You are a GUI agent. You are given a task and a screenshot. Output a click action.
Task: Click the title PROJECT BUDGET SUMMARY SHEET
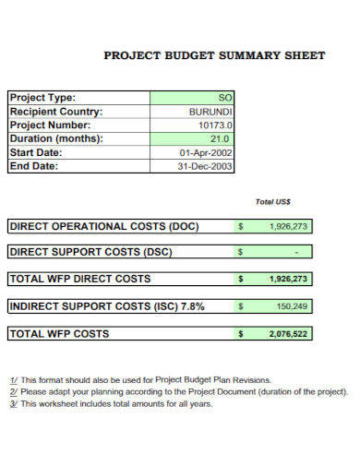click(x=213, y=55)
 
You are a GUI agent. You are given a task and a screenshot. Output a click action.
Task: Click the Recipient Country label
click(x=55, y=111)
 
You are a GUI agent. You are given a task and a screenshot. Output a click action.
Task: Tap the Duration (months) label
click(x=55, y=138)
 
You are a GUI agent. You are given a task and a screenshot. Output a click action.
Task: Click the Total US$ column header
click(x=273, y=201)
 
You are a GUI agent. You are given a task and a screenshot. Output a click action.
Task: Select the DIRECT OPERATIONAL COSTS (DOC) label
click(x=103, y=226)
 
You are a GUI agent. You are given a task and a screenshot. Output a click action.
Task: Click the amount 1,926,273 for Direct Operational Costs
click(x=288, y=226)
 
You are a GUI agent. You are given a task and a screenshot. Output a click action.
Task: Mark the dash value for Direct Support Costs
click(x=296, y=252)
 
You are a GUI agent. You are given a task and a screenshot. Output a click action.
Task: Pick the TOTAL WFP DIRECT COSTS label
click(x=79, y=278)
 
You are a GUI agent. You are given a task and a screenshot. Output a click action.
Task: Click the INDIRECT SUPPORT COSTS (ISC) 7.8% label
click(x=106, y=305)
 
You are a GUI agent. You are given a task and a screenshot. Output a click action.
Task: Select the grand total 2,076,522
click(x=288, y=334)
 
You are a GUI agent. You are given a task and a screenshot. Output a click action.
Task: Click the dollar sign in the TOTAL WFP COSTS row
click(x=241, y=334)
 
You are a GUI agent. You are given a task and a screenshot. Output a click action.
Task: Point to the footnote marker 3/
click(x=13, y=403)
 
